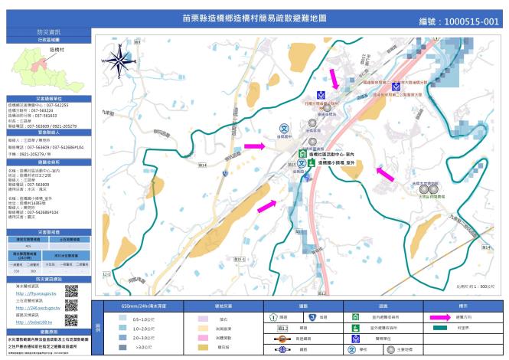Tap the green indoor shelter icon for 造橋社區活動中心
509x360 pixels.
coord(302,154)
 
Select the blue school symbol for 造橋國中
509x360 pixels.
coord(283,129)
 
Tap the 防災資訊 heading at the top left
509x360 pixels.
coord(45,31)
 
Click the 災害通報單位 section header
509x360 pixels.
coord(45,99)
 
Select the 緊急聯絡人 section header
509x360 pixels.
coord(45,131)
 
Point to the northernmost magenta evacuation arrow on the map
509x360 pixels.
coord(334,78)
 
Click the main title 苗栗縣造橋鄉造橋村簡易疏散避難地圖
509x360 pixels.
coord(254,17)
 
